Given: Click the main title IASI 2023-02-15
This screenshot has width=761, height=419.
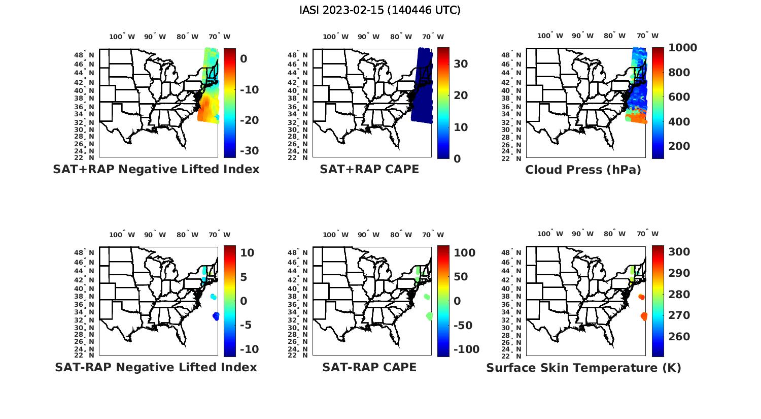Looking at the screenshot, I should click(380, 10).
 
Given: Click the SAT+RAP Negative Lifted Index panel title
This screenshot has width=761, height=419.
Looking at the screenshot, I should click(156, 169).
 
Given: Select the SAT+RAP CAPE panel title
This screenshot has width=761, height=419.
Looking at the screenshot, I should click(369, 169).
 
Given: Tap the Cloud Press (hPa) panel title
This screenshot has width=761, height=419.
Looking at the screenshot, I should click(583, 170).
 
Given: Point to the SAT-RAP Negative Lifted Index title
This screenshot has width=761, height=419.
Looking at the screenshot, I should click(156, 367).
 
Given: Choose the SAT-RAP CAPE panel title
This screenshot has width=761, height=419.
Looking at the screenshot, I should click(369, 367).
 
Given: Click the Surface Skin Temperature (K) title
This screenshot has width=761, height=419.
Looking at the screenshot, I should click(583, 368).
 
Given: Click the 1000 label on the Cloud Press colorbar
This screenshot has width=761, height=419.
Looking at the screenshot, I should click(682, 48).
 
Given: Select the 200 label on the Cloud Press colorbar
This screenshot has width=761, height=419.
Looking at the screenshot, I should click(679, 146).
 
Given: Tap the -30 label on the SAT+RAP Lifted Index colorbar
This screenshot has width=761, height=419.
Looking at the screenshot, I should click(249, 151).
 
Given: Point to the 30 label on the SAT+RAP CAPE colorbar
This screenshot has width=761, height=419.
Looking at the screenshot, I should click(461, 64).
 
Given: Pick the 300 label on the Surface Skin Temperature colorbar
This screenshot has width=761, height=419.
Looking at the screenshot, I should click(679, 252).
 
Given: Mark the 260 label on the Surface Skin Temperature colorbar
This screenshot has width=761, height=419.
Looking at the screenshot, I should click(679, 337).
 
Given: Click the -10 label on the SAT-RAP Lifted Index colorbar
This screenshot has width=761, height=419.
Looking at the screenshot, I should click(249, 349).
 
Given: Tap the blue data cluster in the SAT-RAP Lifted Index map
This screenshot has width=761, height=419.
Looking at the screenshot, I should click(216, 316).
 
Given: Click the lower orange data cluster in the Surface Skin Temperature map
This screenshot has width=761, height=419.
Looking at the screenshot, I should click(644, 316).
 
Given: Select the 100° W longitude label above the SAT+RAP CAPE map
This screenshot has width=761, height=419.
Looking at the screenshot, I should click(335, 37).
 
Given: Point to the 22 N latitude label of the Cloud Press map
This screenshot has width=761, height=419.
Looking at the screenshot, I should click(515, 157).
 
